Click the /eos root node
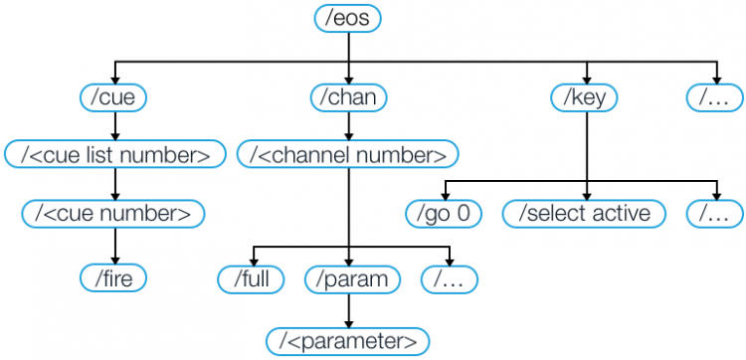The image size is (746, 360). (x=347, y=19)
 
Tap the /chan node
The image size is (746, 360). (x=348, y=97)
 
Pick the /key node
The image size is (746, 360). (x=585, y=97)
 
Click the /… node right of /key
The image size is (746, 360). (x=714, y=97)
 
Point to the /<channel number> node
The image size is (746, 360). (x=348, y=154)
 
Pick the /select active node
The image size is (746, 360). (x=585, y=212)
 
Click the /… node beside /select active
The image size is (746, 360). (x=714, y=212)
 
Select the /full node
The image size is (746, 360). (x=253, y=278)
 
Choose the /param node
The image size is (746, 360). (x=348, y=278)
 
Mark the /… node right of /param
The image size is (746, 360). (x=449, y=278)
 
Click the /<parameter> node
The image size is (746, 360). (x=348, y=340)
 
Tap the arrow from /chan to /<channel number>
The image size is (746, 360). (x=348, y=126)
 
